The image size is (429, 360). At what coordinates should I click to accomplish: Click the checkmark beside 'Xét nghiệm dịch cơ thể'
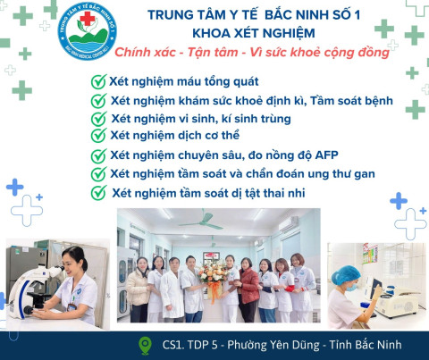[x=98, y=135]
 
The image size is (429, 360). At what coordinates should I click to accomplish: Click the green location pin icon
[x=146, y=344]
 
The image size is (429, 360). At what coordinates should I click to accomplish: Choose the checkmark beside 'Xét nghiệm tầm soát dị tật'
[x=98, y=192]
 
